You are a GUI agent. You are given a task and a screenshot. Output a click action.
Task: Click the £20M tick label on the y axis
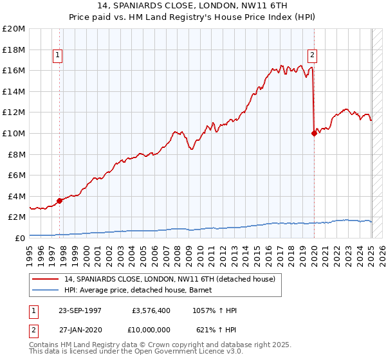click(14, 29)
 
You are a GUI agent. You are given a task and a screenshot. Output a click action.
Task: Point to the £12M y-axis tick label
click(14, 113)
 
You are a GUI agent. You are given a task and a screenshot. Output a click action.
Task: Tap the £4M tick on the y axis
click(15, 196)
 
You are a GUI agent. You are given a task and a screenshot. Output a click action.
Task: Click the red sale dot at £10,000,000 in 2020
click(314, 133)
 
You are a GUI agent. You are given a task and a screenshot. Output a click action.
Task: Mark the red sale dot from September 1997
click(60, 201)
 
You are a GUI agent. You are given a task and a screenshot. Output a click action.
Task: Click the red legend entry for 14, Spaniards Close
click(170, 279)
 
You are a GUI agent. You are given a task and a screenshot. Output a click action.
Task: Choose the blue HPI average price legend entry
click(142, 290)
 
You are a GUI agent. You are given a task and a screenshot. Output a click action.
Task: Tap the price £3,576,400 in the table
click(151, 310)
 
